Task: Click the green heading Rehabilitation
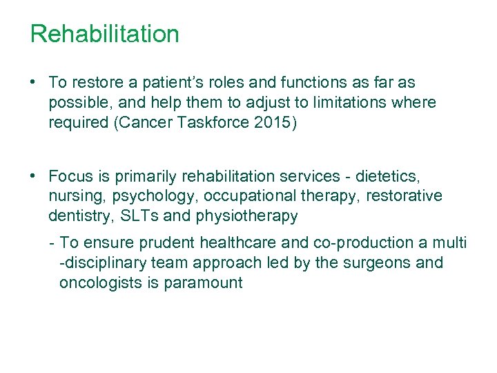click(x=104, y=34)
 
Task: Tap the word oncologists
click(x=101, y=283)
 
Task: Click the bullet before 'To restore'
click(x=33, y=82)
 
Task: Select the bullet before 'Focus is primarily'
click(x=33, y=175)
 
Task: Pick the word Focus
click(x=70, y=175)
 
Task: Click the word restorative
click(x=404, y=196)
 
